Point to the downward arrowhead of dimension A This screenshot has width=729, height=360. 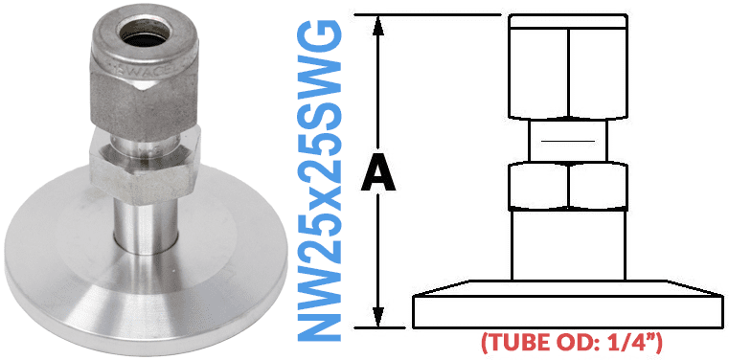tap(382, 318)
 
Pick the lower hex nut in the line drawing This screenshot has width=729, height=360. tap(567, 186)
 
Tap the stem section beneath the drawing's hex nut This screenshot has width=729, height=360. tap(567, 244)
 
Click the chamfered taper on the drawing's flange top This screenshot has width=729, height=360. tap(567, 288)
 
